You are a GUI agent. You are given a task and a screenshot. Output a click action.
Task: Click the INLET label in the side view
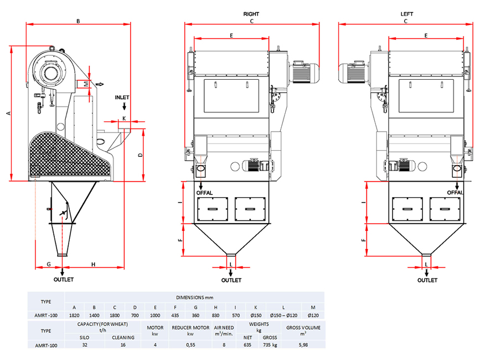(122, 97)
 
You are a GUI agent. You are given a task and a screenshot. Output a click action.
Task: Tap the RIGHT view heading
(251, 14)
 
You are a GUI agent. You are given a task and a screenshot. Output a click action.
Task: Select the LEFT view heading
(406, 14)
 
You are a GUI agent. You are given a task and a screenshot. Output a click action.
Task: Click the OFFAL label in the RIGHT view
(204, 193)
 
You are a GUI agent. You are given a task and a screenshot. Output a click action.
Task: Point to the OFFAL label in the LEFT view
(455, 193)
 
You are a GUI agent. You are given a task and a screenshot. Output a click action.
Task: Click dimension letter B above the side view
(78, 21)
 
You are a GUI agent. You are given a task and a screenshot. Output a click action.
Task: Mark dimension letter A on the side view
(8, 114)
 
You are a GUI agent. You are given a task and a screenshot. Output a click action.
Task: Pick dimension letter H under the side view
(93, 264)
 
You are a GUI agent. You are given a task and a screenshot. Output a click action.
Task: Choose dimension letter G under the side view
(49, 264)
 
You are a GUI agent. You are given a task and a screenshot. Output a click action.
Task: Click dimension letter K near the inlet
(124, 119)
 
